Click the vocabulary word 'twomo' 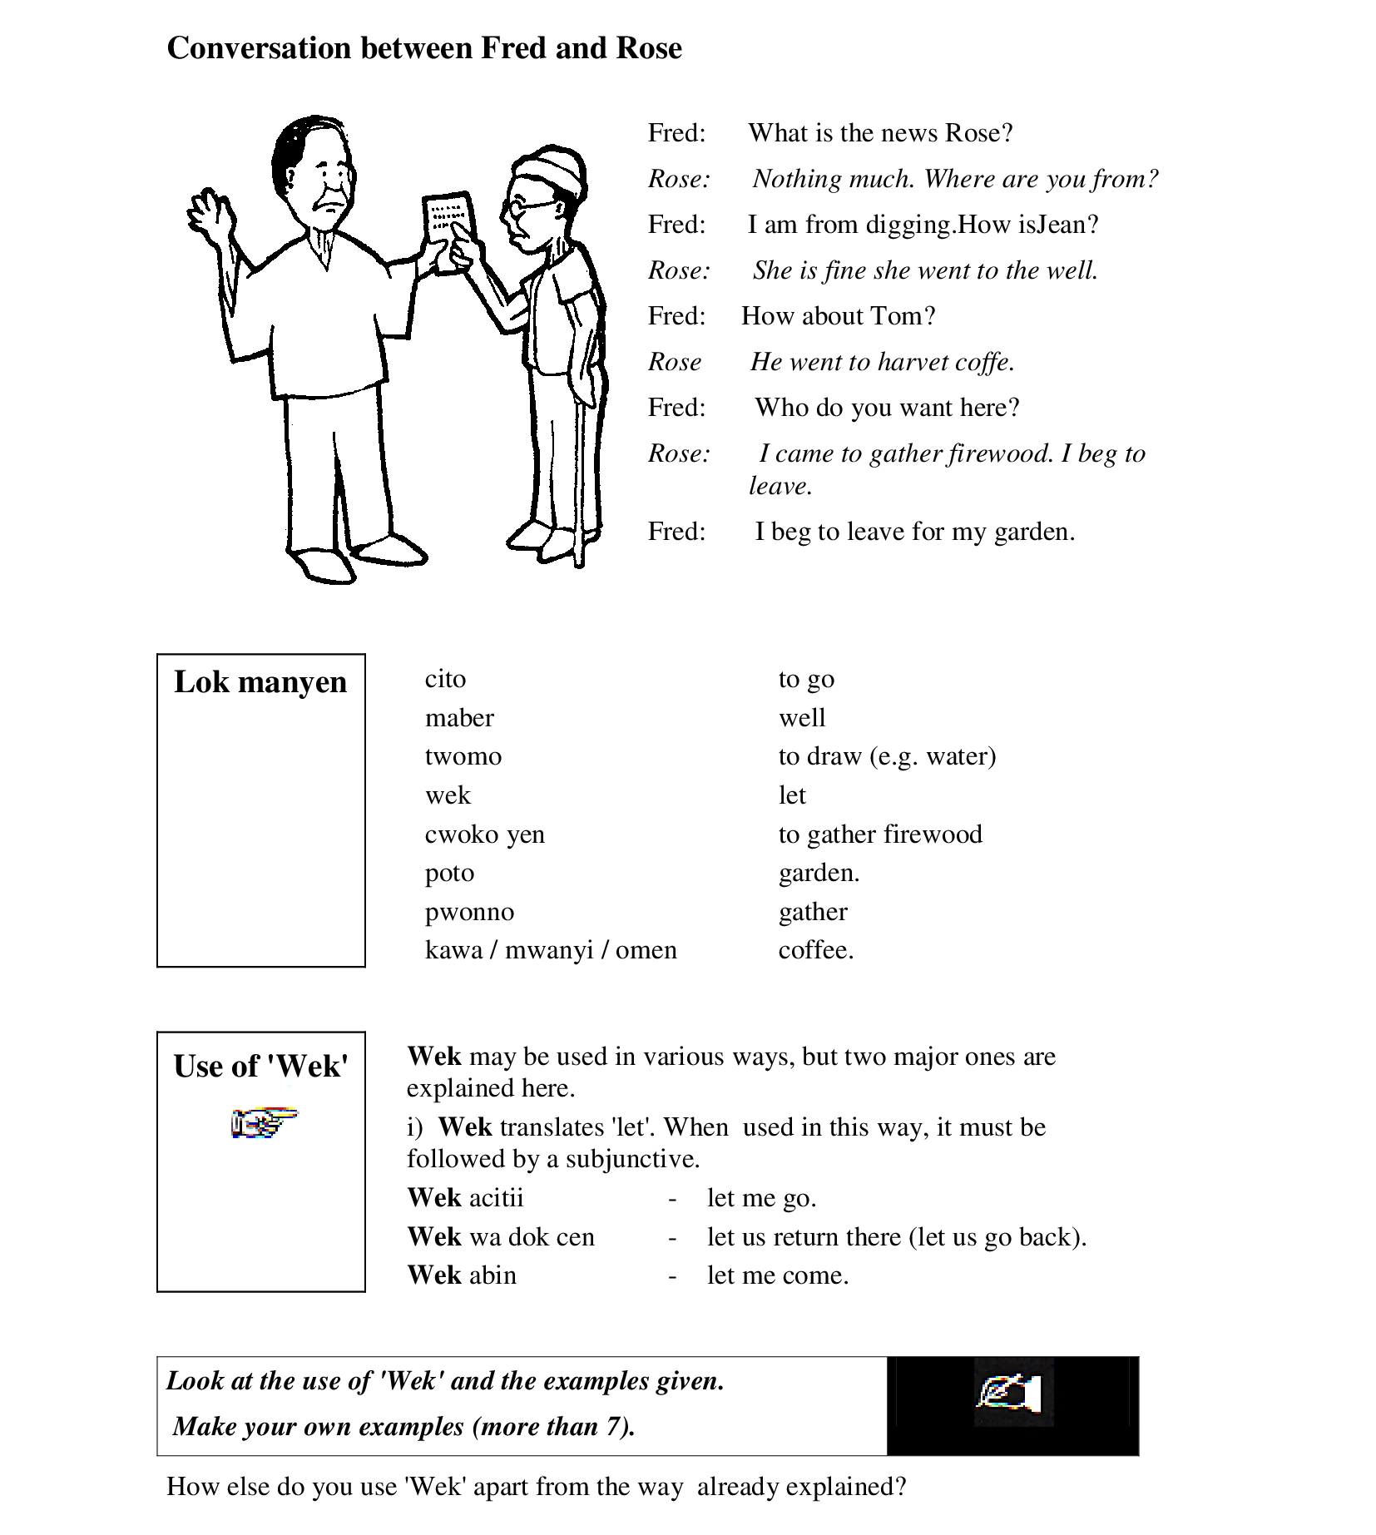click(x=463, y=756)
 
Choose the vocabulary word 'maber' click(x=459, y=717)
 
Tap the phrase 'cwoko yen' click(x=484, y=834)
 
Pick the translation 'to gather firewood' click(x=880, y=834)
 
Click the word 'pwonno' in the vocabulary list click(x=469, y=912)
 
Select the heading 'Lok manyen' click(x=260, y=681)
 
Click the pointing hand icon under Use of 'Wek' click(x=263, y=1123)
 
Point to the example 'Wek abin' click(x=462, y=1275)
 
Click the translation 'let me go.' click(x=761, y=1198)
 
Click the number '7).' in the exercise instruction click(x=619, y=1427)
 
